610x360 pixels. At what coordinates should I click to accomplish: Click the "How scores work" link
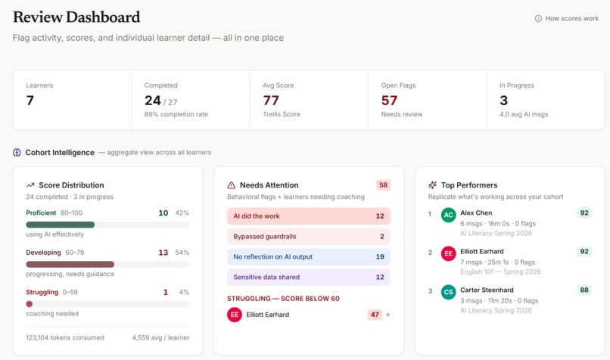(x=566, y=18)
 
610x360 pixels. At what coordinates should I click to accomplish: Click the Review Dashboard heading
(x=76, y=17)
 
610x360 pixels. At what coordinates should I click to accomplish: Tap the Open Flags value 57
(x=389, y=100)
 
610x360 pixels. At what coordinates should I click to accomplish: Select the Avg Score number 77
(x=271, y=100)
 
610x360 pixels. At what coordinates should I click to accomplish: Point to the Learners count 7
(x=30, y=100)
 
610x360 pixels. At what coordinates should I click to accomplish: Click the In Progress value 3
(x=503, y=100)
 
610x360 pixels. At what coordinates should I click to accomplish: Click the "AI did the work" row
(x=309, y=216)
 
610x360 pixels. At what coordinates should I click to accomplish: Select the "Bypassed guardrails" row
(x=309, y=236)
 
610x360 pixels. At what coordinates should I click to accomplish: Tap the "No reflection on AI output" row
(x=309, y=256)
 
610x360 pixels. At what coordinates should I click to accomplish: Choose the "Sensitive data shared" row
(x=309, y=277)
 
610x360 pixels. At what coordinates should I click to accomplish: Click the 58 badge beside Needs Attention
(x=383, y=185)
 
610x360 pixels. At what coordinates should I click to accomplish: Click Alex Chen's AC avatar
(x=449, y=215)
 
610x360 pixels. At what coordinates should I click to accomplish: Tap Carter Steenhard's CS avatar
(x=449, y=291)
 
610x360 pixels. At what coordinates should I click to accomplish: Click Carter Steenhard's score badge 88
(x=584, y=290)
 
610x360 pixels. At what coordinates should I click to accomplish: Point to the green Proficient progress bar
(x=61, y=225)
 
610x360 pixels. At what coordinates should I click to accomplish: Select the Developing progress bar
(x=70, y=264)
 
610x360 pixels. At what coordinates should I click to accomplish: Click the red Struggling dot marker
(x=30, y=304)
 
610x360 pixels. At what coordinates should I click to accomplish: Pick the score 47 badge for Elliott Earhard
(x=375, y=315)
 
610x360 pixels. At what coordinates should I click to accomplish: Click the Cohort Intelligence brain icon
(x=17, y=152)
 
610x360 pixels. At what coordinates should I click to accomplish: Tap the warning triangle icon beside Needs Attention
(x=232, y=185)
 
